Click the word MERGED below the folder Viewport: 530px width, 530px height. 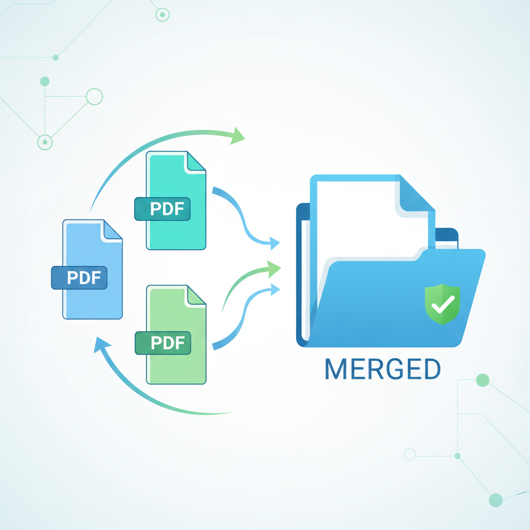click(382, 369)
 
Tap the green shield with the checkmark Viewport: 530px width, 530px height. click(442, 304)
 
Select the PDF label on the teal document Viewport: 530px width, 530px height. click(162, 209)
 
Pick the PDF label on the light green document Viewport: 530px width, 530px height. click(163, 342)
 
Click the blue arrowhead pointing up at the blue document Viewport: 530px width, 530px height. click(102, 344)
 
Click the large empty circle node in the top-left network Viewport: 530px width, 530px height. click(94, 97)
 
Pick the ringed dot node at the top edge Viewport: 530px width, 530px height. click(163, 15)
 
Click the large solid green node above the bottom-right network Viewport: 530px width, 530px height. click(482, 380)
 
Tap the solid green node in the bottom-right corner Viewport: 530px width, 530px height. click(495, 499)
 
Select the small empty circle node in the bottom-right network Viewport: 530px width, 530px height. click(410, 454)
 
